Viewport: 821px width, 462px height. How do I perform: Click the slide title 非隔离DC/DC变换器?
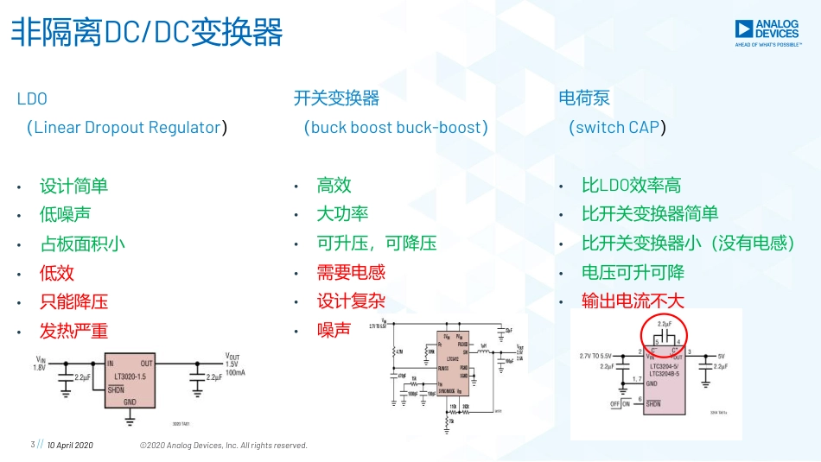tap(146, 33)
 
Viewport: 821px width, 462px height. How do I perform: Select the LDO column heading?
tap(32, 98)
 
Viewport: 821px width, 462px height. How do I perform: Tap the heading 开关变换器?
tap(336, 98)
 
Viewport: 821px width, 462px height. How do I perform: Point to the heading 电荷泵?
tap(584, 98)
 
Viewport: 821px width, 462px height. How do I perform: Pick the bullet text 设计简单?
tap(73, 186)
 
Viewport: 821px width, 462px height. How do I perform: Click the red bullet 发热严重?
tap(73, 331)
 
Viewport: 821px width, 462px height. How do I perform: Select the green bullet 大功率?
tap(342, 214)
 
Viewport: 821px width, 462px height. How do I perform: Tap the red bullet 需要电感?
tap(351, 272)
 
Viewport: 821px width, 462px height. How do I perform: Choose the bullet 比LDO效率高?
tap(631, 185)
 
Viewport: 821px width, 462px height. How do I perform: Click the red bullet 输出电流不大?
tap(633, 301)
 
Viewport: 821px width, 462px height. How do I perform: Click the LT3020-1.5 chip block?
tap(130, 381)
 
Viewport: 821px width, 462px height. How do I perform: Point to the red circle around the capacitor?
tap(663, 332)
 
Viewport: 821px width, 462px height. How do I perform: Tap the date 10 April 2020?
tap(70, 445)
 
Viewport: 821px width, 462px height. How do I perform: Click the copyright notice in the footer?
tap(224, 445)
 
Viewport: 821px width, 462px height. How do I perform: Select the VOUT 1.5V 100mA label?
tap(235, 364)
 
